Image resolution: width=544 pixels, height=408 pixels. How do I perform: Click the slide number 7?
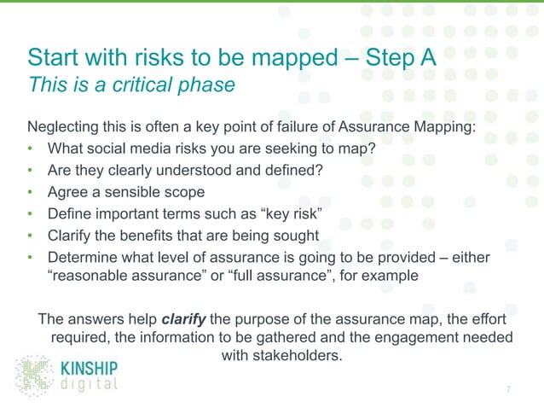509,390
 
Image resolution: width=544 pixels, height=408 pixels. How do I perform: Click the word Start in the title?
56,59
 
